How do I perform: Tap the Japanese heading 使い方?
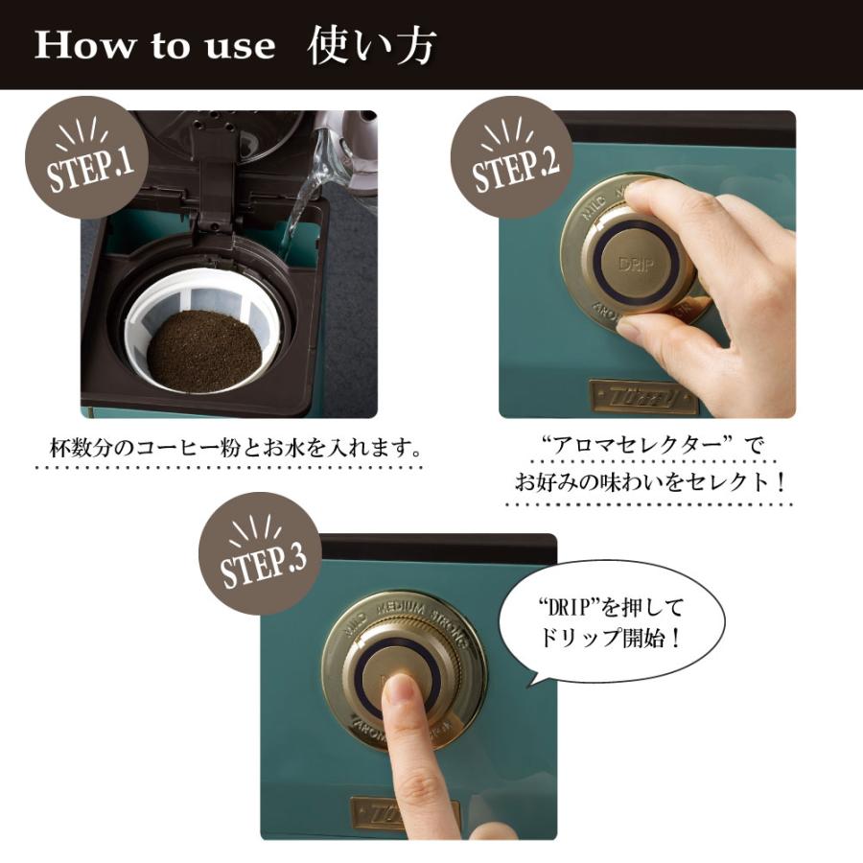(x=374, y=46)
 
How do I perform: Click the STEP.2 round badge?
(x=515, y=157)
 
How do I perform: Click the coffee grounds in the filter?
(x=204, y=350)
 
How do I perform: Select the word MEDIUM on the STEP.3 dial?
(x=407, y=608)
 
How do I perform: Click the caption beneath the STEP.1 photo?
(x=236, y=449)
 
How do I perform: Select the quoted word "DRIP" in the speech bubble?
(x=566, y=606)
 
